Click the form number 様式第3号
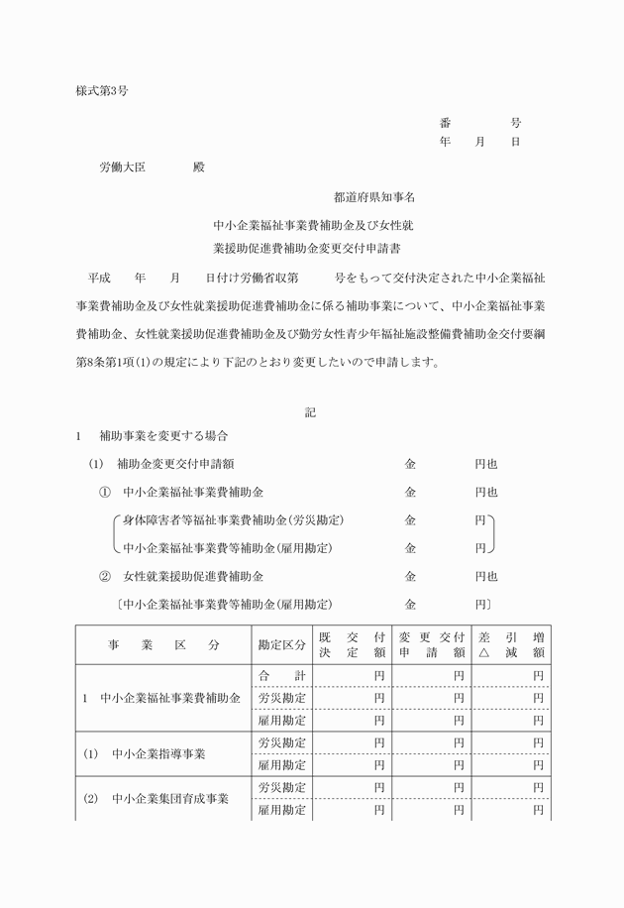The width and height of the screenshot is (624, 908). [102, 90]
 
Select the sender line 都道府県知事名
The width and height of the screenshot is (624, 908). [374, 198]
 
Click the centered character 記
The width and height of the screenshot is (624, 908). [310, 412]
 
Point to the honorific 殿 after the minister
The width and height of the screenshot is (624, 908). [198, 169]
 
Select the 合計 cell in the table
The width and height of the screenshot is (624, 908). [282, 675]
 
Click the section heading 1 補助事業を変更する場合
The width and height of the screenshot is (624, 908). [155, 436]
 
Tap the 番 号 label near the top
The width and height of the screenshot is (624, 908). [480, 123]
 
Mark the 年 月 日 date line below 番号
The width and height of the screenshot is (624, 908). [480, 142]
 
